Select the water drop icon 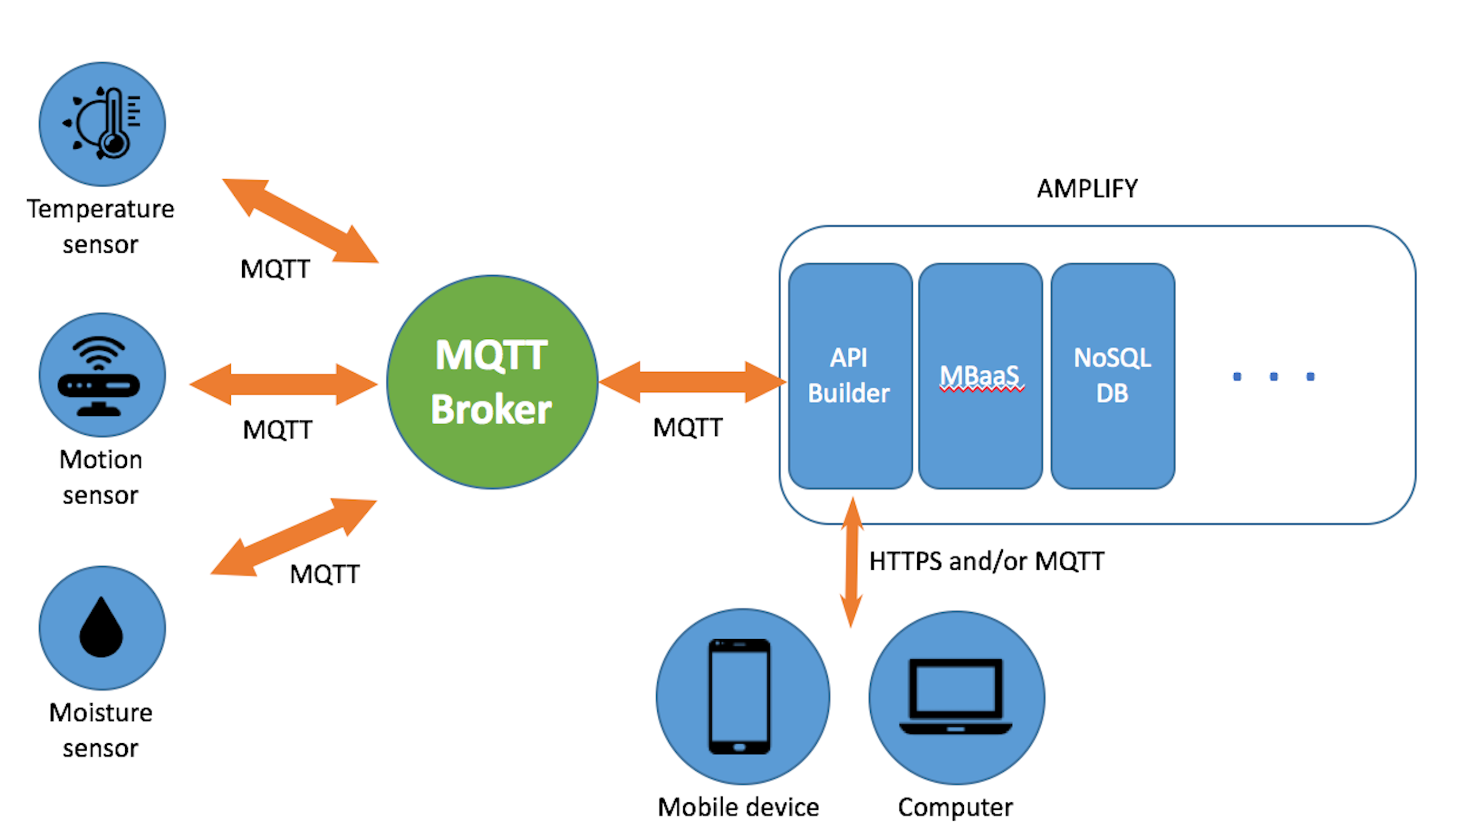(101, 629)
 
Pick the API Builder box (850, 377)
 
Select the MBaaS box (980, 377)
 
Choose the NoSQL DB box (1112, 377)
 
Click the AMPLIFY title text (1087, 189)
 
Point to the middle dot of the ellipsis (1274, 377)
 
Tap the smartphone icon (739, 697)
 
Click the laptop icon (956, 697)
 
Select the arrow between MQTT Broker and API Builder (692, 382)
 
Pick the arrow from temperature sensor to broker (300, 221)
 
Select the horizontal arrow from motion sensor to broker (283, 385)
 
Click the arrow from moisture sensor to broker (293, 538)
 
